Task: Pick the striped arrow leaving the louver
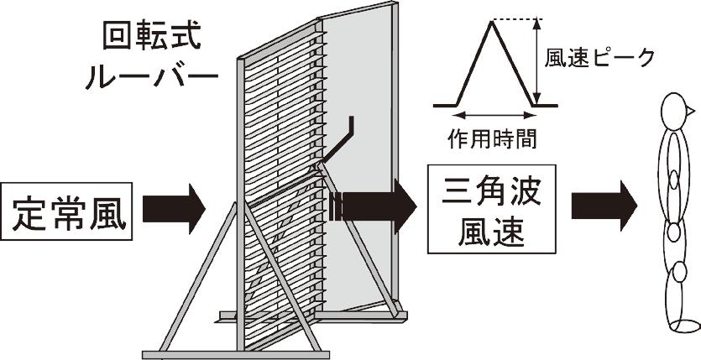tap(374, 206)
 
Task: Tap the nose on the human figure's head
tap(693, 110)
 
